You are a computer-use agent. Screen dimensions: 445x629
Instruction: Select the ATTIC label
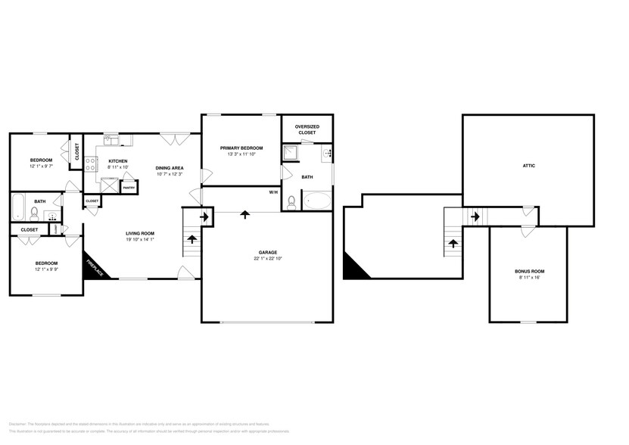click(x=528, y=165)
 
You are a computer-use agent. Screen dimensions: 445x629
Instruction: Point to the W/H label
click(x=273, y=192)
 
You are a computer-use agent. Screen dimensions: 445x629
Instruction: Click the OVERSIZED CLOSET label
click(x=307, y=129)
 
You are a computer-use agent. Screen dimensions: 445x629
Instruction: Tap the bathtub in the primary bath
click(x=317, y=201)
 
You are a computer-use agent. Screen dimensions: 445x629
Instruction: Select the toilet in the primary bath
click(x=291, y=201)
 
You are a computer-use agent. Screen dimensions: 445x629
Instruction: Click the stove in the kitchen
click(x=90, y=165)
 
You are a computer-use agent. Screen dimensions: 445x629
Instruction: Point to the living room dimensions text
click(x=140, y=239)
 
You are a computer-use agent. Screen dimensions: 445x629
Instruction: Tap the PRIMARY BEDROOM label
click(x=241, y=148)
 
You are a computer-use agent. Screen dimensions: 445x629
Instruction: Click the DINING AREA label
click(x=170, y=168)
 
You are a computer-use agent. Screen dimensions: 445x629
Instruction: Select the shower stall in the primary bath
click(x=290, y=154)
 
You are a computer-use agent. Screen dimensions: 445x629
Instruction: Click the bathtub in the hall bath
click(x=18, y=205)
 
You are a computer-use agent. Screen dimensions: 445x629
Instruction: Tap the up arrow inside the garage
click(x=244, y=215)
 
